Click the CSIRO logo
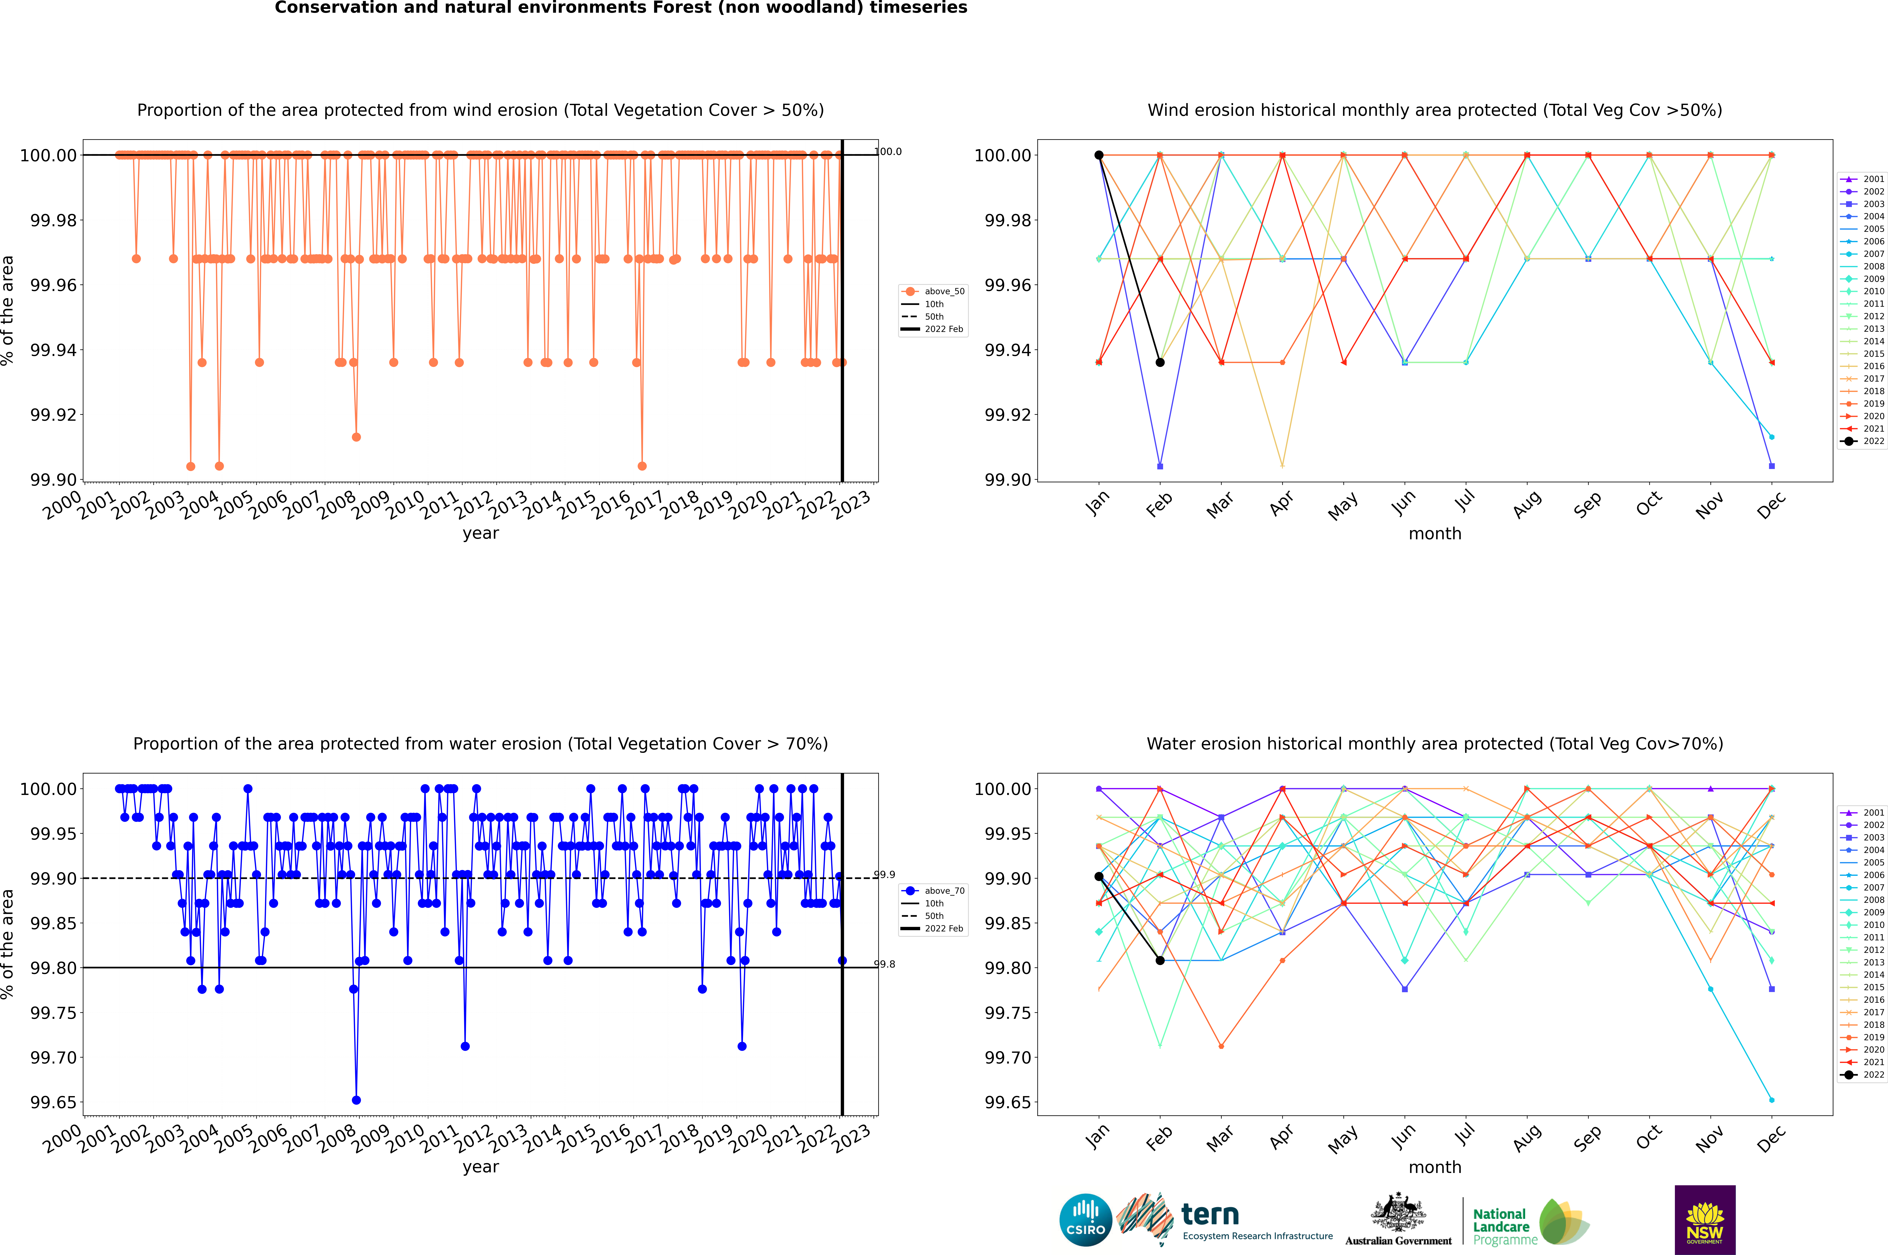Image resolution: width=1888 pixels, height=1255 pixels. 1085,1220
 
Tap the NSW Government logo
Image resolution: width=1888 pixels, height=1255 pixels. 1705,1220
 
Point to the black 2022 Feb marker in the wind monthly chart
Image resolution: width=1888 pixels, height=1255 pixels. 1160,363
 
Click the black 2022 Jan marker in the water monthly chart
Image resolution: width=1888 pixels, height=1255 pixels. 1099,876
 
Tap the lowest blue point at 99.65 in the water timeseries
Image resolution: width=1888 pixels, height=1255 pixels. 356,1100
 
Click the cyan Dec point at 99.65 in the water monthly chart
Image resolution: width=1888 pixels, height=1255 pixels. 1771,1100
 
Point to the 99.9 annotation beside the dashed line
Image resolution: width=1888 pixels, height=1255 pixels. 884,875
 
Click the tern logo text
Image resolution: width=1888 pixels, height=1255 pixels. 1210,1215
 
